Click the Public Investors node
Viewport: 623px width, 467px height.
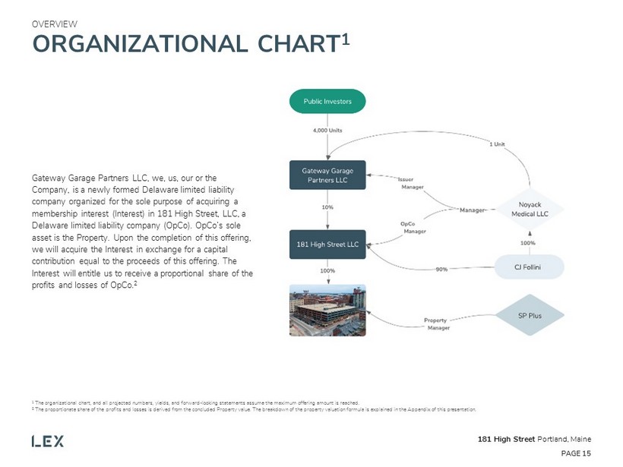[x=327, y=101]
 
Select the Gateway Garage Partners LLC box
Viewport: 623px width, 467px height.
[x=327, y=174]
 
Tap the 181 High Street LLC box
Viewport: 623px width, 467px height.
[x=327, y=245]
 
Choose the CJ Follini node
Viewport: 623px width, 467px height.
[x=529, y=267]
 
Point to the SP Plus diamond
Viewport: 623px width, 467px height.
[x=530, y=316]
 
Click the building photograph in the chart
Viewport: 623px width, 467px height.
[x=327, y=310]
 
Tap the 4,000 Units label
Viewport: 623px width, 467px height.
[x=327, y=131]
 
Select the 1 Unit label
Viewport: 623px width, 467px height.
[x=497, y=144]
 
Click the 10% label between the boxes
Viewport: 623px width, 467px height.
[x=327, y=207]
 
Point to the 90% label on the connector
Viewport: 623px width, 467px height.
[x=440, y=269]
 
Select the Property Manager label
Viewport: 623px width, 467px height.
[x=436, y=324]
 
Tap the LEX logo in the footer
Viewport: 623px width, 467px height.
[x=47, y=440]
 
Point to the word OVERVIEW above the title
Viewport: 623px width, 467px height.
[x=54, y=24]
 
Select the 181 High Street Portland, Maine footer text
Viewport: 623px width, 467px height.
[x=534, y=440]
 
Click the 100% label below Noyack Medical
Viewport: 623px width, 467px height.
[x=528, y=243]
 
